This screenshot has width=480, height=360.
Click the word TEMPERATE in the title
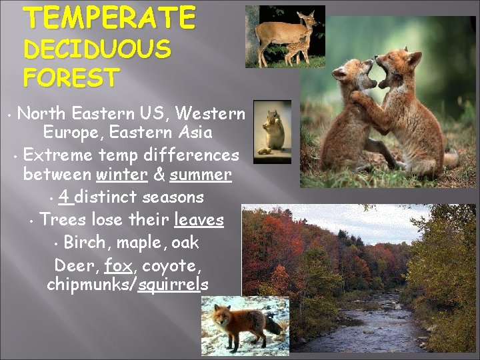pyautogui.click(x=111, y=17)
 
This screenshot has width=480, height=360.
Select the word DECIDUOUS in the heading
pyautogui.click(x=97, y=49)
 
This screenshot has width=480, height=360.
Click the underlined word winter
pyautogui.click(x=121, y=175)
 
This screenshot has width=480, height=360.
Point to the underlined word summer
pyautogui.click(x=200, y=175)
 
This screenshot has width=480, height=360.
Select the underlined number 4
pyautogui.click(x=65, y=197)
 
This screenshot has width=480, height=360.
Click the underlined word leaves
pyautogui.click(x=199, y=219)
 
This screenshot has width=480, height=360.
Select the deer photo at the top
pyautogui.click(x=285, y=37)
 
